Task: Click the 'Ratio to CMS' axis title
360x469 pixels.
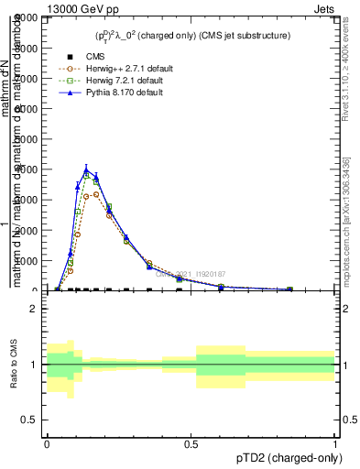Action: click(14, 365)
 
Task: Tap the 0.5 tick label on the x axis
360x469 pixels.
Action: click(191, 442)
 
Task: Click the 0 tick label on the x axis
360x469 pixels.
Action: click(47, 442)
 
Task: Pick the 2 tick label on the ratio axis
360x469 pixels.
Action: click(34, 309)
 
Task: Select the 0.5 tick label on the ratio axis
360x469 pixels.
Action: click(30, 420)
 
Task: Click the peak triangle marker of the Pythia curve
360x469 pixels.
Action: click(87, 170)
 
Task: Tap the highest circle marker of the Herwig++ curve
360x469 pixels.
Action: click(95, 193)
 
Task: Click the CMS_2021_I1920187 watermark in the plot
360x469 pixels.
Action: click(190, 273)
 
